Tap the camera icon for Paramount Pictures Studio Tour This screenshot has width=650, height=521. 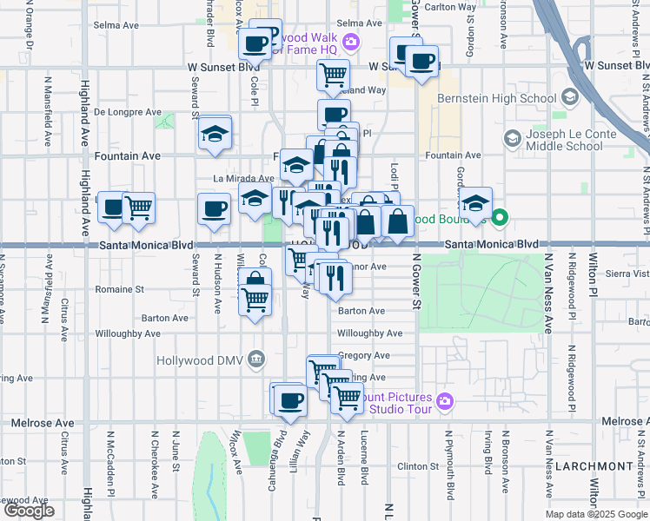pyautogui.click(x=445, y=400)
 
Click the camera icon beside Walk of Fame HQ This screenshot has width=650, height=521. pyautogui.click(x=351, y=40)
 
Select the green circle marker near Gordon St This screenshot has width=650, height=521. pyautogui.click(x=501, y=218)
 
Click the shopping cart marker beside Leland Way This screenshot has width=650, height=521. pyautogui.click(x=334, y=76)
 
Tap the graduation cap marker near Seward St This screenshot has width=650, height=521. pyautogui.click(x=214, y=134)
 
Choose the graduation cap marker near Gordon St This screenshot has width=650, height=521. pyautogui.click(x=475, y=204)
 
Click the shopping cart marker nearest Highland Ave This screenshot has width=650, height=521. pyautogui.click(x=139, y=208)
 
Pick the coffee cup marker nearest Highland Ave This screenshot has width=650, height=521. pyautogui.click(x=114, y=208)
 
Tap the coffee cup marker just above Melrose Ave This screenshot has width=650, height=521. pyautogui.click(x=290, y=400)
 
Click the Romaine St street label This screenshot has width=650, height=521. pyautogui.click(x=121, y=288)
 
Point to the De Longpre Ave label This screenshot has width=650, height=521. pyautogui.click(x=128, y=112)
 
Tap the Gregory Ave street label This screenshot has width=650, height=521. pyautogui.click(x=364, y=355)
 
